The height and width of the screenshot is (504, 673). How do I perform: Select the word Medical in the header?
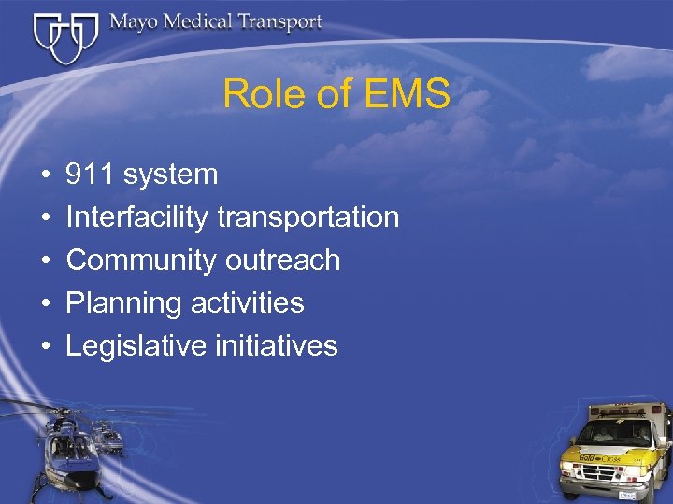tap(201, 21)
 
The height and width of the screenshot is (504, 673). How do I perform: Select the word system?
tap(170, 175)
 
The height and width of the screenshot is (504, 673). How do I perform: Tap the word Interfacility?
tap(137, 217)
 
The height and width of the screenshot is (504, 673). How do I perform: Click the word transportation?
tap(308, 217)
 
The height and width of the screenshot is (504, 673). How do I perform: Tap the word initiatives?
tap(276, 346)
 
